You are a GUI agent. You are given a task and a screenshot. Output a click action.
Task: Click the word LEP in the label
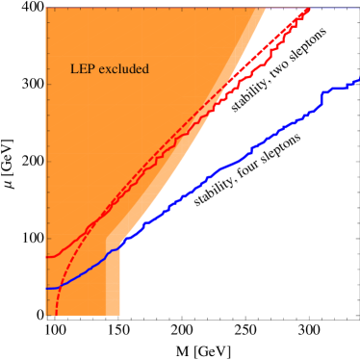click(x=83, y=69)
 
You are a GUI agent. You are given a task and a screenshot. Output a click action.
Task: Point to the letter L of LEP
click(x=75, y=69)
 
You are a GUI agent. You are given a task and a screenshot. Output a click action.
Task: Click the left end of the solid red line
click(x=47, y=257)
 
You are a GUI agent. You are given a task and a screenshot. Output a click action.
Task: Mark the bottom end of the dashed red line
click(x=56, y=315)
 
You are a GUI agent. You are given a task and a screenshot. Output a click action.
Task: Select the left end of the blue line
click(x=47, y=288)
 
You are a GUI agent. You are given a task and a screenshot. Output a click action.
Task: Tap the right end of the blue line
click(x=358, y=83)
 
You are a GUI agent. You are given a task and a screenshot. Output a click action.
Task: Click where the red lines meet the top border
click(x=309, y=9)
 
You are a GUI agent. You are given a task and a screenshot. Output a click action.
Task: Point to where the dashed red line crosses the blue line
click(x=61, y=285)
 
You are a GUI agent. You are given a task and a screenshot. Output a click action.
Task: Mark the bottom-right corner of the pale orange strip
click(x=119, y=315)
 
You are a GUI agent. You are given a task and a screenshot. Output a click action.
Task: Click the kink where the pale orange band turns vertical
click(x=106, y=235)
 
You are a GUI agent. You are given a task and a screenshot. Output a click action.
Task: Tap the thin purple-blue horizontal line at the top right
click(x=337, y=8)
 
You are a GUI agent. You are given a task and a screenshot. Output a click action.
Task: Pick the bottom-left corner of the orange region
click(x=46, y=315)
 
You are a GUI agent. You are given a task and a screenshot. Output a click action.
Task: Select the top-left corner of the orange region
click(x=46, y=9)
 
